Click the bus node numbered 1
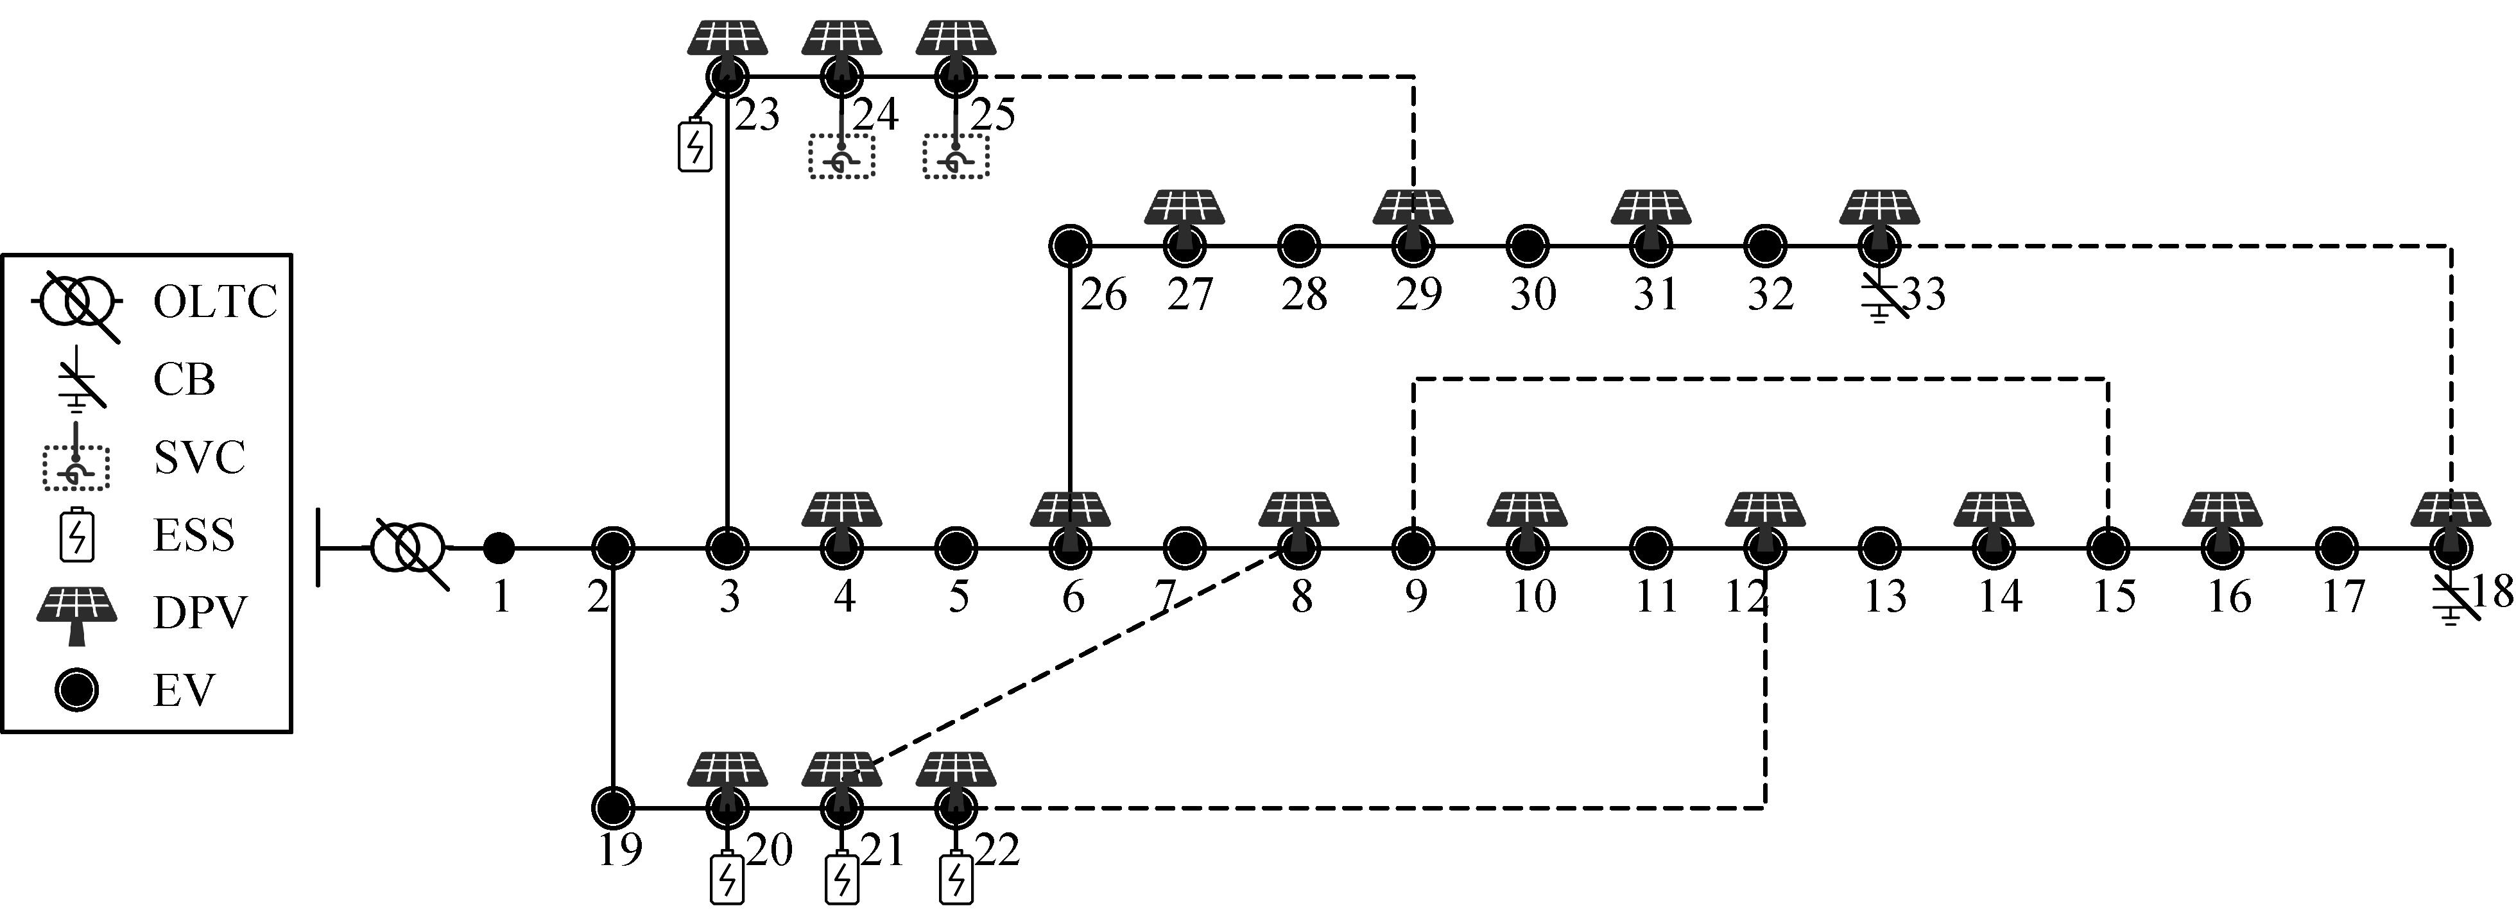499,549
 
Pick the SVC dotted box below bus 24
841,156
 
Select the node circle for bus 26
1071,246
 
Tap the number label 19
619,850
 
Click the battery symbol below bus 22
956,879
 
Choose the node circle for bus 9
1411,549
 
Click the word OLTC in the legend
215,302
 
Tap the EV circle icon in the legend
76,691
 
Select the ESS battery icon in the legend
76,536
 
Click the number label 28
1304,294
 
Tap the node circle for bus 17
2335,549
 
